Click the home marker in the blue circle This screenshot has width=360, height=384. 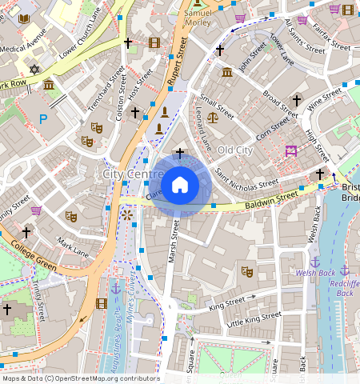click(x=180, y=186)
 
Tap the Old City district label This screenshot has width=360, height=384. click(x=235, y=150)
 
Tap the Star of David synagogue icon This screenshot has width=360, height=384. click(x=34, y=70)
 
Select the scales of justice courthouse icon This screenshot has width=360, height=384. click(x=212, y=117)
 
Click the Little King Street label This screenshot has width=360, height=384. click(x=254, y=319)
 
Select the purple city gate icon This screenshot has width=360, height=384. click(x=291, y=150)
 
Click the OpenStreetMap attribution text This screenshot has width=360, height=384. click(x=80, y=378)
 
